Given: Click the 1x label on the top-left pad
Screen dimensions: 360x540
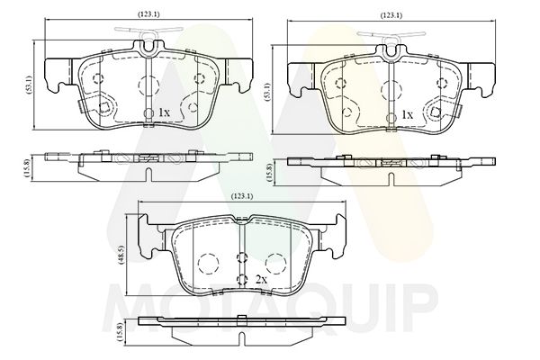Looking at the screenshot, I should pos(165,112).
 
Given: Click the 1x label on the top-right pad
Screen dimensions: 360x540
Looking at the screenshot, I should pos(407,114).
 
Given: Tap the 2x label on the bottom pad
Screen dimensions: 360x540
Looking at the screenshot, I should pos(262,280).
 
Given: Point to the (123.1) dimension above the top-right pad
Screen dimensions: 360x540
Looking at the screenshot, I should pos(391,15).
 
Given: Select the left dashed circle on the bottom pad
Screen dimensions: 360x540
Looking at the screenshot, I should pos(208,264).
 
